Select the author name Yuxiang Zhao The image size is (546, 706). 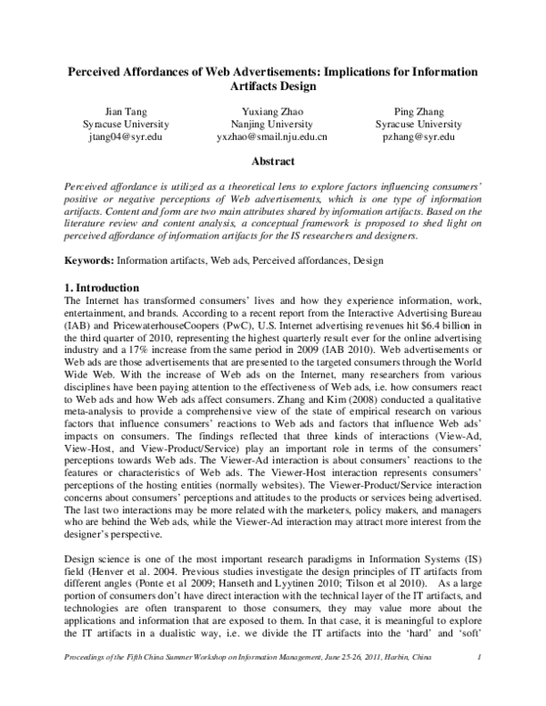[x=272, y=109]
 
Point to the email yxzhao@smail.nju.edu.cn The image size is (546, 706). [x=272, y=136]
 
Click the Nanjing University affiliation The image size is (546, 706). [x=272, y=123]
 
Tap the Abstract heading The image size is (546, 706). [x=272, y=162]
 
